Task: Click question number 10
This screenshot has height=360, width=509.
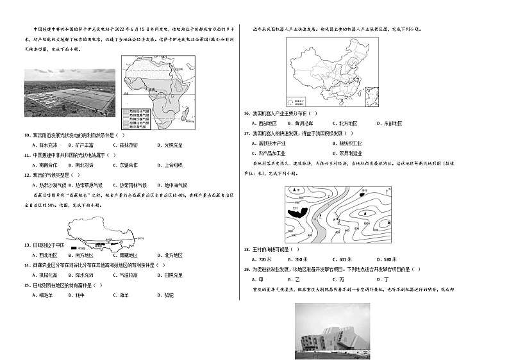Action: click(26, 136)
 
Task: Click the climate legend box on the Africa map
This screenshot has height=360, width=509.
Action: click(136, 120)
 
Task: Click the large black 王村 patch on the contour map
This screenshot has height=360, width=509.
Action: click(299, 212)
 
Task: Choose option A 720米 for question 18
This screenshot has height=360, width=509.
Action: click(262, 259)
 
